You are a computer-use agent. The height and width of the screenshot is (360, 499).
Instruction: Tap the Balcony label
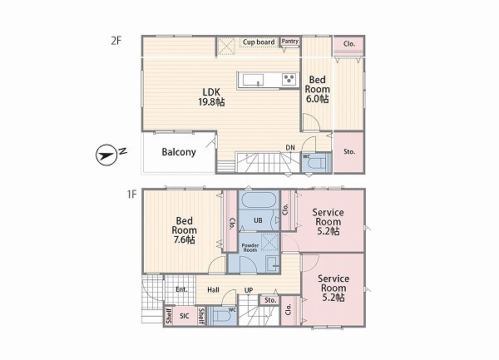coord(179,152)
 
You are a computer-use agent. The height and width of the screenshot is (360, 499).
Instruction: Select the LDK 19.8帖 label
coord(211,97)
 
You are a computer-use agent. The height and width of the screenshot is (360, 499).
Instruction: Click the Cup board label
coord(259,42)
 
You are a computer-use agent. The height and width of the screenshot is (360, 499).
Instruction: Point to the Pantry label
coord(290,42)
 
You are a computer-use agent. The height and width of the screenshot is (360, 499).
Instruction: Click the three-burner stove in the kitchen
coord(289,79)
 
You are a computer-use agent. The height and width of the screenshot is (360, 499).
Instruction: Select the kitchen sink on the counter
coord(254,80)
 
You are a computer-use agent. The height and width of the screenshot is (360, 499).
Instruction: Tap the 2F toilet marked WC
coord(316,162)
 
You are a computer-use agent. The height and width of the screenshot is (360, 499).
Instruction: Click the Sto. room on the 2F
coord(348,152)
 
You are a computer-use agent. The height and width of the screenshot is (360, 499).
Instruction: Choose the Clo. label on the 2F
coord(349,44)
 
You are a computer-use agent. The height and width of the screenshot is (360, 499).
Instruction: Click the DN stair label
coord(290,147)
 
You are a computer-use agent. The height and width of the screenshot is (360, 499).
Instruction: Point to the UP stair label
coord(249,290)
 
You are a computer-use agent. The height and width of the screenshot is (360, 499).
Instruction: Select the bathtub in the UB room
coord(259,200)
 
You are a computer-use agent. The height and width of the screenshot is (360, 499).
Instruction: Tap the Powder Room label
coord(250,248)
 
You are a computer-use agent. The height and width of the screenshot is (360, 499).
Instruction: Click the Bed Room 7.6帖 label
coord(184,230)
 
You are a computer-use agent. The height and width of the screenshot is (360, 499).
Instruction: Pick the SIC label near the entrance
coord(185,316)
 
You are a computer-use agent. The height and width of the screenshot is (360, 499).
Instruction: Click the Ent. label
coord(181,289)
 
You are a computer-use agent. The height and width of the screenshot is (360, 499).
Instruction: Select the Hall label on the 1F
coord(213,289)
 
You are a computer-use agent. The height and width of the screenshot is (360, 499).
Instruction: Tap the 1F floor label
coord(131,194)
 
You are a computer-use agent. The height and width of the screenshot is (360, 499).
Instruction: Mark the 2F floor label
coord(116,41)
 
